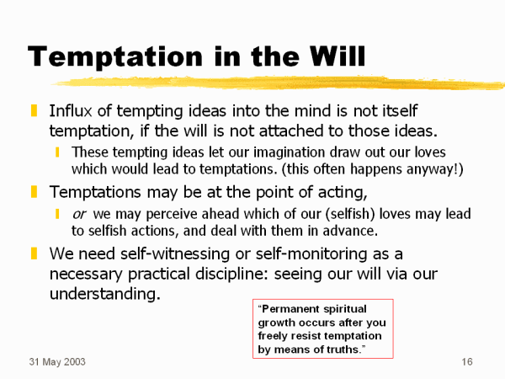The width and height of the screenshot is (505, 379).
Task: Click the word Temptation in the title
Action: [115, 57]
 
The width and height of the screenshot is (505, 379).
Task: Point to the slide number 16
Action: [467, 361]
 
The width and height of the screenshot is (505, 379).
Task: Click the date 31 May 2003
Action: [57, 362]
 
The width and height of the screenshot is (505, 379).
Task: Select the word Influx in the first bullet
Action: [71, 111]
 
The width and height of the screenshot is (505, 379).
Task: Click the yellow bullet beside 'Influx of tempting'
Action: [34, 110]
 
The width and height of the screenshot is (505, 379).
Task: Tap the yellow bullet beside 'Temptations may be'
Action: [34, 191]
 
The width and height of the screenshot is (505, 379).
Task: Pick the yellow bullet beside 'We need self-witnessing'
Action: [34, 254]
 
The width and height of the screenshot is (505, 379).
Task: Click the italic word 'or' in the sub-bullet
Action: [79, 214]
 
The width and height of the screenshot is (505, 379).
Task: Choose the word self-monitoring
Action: [311, 254]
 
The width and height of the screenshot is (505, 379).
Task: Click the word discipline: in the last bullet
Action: [232, 274]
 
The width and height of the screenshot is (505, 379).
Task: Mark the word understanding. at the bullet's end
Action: [105, 294]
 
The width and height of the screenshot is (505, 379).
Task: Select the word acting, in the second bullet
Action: [343, 193]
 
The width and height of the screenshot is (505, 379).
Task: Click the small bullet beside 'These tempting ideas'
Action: [57, 152]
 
